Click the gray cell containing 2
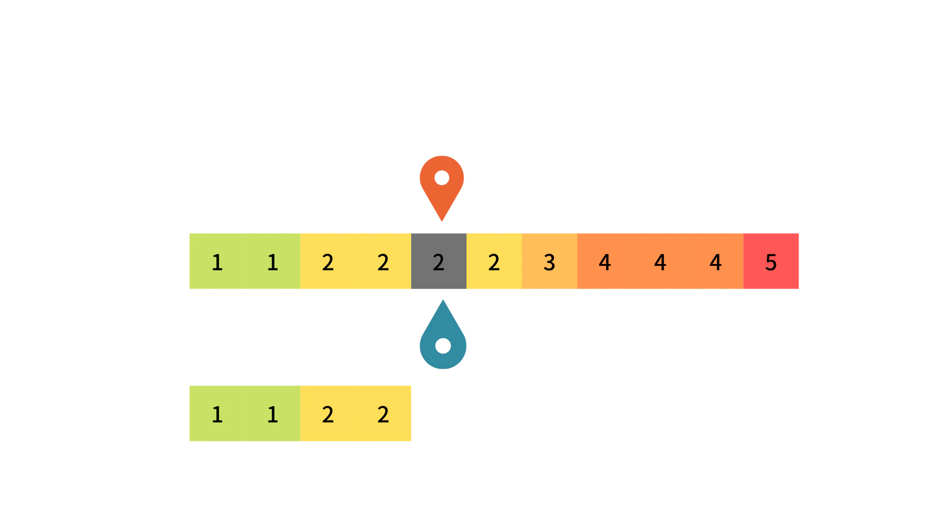coord(439,261)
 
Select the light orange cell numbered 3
coord(550,261)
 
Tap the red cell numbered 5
coord(771,261)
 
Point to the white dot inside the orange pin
coord(442,178)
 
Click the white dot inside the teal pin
coord(443,346)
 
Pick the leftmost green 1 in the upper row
coord(217,261)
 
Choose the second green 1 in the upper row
coord(273,261)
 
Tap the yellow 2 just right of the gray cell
coord(494,261)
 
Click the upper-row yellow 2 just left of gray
coord(383,261)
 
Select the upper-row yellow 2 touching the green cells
coord(328,261)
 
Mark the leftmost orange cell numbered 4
coord(605,261)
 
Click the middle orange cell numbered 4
coord(660,261)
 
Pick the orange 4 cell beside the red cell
coord(716,261)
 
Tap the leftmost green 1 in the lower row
coord(217,414)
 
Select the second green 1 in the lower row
coord(273,414)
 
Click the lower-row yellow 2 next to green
coord(328,414)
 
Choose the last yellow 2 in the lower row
coord(383,414)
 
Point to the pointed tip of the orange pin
coord(442,222)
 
